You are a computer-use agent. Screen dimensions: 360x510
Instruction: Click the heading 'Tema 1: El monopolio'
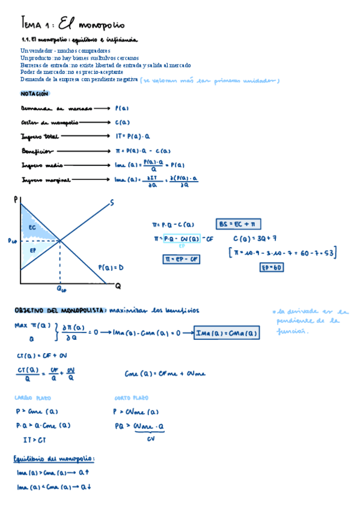73,25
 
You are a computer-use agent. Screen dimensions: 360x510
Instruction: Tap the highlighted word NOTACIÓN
34,94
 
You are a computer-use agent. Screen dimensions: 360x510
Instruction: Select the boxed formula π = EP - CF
182,259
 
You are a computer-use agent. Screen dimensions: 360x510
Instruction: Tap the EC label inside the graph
32,227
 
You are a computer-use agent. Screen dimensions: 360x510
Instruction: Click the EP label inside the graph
32,248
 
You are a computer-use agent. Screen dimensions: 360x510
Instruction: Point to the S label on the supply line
112,203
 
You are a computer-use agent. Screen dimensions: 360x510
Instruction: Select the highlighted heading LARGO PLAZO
33,398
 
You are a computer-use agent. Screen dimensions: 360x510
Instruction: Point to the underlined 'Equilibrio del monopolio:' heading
55,459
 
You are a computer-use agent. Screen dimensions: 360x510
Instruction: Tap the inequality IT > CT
35,439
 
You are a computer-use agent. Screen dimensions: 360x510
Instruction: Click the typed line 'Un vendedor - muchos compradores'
65,51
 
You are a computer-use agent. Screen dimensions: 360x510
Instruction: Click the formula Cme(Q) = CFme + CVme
165,373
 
